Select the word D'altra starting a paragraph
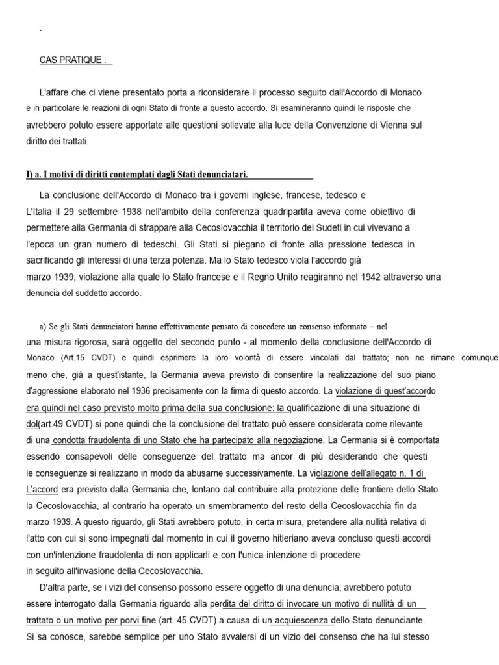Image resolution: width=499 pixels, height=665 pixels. point(54,588)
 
